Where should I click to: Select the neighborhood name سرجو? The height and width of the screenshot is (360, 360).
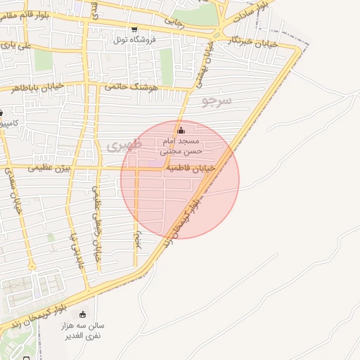(x=217, y=101)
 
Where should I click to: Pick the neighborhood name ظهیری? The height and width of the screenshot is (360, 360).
(x=124, y=146)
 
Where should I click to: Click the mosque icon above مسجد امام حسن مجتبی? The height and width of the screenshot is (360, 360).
(x=181, y=130)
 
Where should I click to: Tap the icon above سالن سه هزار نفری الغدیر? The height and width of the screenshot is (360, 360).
(x=84, y=314)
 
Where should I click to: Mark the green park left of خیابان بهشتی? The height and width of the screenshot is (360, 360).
(x=167, y=67)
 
